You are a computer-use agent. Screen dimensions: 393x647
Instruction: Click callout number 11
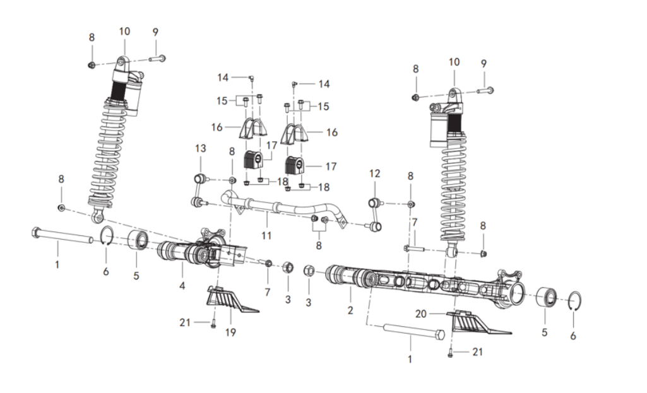[266, 235]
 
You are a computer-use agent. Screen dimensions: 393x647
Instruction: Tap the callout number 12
[374, 173]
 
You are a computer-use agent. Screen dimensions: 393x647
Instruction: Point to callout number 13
[200, 148]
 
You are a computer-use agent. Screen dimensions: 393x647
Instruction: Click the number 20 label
[422, 313]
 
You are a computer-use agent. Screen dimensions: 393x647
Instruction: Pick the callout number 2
[350, 310]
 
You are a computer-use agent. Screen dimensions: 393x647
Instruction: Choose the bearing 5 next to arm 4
[138, 242]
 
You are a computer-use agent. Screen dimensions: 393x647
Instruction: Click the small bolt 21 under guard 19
[213, 322]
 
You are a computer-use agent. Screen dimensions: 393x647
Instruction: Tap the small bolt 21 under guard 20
[450, 353]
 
